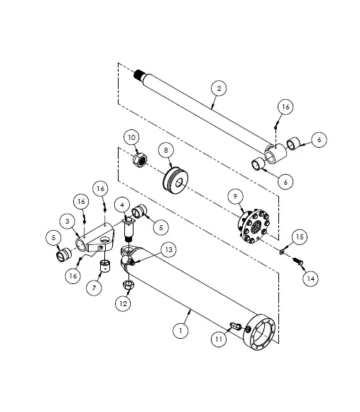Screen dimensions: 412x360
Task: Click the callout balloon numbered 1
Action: coord(183,331)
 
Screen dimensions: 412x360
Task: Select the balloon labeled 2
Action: coord(219,88)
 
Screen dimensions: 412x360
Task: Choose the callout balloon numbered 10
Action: coord(132,136)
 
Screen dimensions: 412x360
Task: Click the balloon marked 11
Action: coord(219,340)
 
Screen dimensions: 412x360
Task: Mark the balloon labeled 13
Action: coord(168,249)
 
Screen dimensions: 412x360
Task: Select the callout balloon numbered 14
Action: coord(310,278)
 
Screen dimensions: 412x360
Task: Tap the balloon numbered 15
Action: coord(299,236)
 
